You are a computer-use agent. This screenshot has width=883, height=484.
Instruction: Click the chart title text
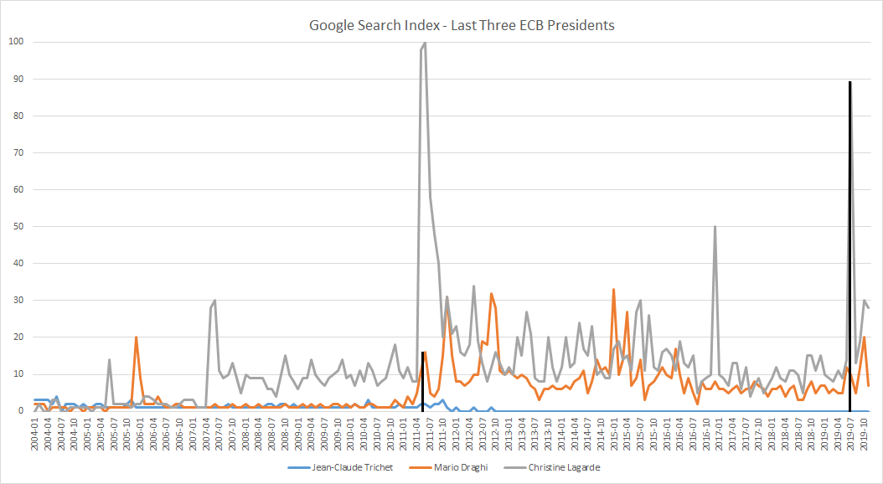[x=462, y=25]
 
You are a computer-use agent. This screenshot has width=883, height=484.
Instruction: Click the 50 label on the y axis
[x=18, y=226]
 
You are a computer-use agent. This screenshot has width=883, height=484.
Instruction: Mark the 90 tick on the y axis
[x=18, y=79]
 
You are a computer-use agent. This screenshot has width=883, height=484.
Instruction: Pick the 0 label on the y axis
[x=21, y=410]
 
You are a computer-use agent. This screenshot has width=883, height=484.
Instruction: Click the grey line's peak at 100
[x=425, y=43]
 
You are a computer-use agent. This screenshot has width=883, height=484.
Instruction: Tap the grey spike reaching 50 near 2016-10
[x=715, y=227]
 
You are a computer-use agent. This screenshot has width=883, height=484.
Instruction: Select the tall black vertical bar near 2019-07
[x=850, y=243]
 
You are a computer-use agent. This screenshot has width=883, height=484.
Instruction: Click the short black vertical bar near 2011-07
[x=423, y=381]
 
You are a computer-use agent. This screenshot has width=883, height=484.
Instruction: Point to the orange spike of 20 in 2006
[x=136, y=337]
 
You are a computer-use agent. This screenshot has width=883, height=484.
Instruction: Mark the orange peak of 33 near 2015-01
[x=613, y=290]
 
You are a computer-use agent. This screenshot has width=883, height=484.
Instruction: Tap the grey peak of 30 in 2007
[x=215, y=301]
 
